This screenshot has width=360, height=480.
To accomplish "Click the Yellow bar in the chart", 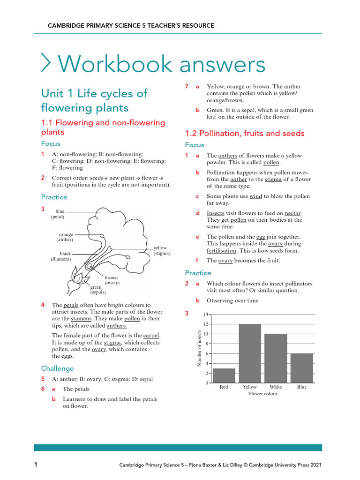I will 250,353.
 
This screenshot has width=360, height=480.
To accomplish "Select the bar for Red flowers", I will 224,375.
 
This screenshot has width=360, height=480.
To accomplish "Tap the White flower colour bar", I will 276,359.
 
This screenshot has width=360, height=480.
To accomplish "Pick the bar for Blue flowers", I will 301,368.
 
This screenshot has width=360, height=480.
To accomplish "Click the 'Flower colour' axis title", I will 262,394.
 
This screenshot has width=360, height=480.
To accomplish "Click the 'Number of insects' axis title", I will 199,348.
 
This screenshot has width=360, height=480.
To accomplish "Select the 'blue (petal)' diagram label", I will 58,214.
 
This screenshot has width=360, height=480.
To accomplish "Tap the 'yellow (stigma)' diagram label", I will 162,250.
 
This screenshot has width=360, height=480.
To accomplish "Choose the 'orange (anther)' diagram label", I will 65,237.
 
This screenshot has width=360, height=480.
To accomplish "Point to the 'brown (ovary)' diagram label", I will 112,280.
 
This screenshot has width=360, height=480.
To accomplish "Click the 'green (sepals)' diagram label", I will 97,289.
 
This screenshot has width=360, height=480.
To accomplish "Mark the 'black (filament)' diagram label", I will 61,256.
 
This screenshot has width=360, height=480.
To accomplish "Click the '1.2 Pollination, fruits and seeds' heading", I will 245,133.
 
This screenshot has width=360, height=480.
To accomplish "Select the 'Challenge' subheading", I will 57,368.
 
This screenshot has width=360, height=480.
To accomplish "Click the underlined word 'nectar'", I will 292,213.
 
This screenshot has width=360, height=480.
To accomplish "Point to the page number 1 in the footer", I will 36,465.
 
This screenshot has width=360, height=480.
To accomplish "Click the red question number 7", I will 187,87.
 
